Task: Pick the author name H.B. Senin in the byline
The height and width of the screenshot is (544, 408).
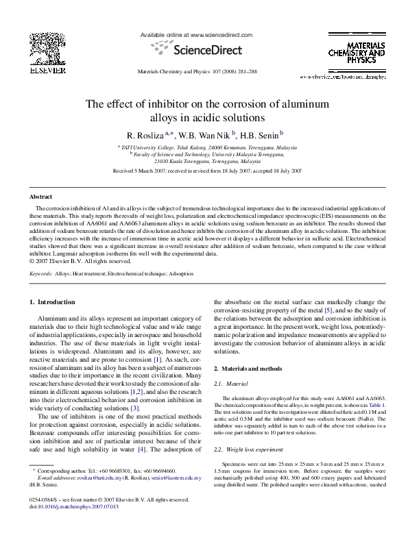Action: [x=261, y=134]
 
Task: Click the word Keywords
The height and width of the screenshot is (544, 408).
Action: [x=42, y=273]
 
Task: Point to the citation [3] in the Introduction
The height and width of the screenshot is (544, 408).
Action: [x=135, y=390]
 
